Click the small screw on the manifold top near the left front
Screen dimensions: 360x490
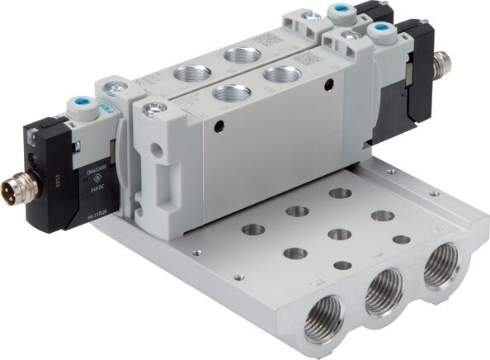[x=196, y=253]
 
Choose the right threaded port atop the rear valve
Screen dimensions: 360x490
[x=242, y=55]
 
